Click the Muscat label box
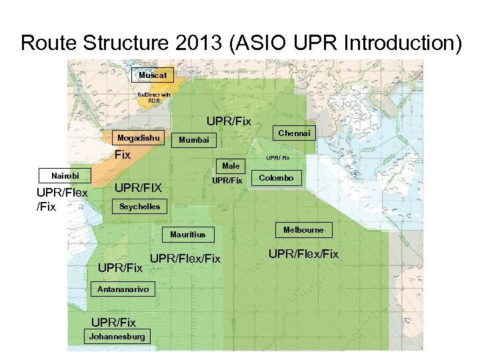153,75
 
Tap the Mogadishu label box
139,138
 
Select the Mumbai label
193,140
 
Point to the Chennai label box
294,133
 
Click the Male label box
231,165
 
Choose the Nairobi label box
65,176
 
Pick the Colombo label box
276,178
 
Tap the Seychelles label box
139,207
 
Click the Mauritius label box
188,235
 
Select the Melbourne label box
303,230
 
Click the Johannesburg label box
117,337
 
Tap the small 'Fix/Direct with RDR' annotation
154,98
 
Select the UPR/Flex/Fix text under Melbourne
303,254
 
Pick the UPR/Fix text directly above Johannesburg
113,323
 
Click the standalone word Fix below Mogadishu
122,155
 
